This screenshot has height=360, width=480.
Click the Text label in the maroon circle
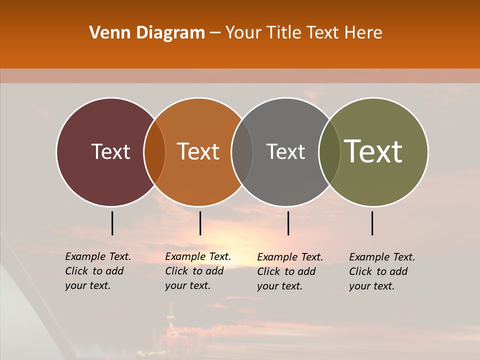(110, 151)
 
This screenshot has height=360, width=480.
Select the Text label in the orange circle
(198, 151)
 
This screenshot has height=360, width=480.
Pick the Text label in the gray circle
(285, 151)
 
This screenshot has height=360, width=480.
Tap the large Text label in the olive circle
(373, 151)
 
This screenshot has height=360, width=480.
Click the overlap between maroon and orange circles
(154, 152)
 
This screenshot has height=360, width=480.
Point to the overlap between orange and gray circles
(242, 152)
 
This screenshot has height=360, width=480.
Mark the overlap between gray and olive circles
(329, 152)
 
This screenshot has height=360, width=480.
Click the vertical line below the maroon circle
(112, 223)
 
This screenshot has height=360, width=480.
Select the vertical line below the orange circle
(200, 223)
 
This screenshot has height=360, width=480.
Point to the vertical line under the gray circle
(288, 223)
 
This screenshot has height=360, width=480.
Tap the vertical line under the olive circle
(372, 223)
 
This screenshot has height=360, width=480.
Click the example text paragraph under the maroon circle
(98, 271)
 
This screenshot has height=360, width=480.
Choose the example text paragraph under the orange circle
(198, 271)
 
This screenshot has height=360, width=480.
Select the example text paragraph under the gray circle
(290, 271)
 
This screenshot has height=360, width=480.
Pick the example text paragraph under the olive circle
(382, 271)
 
